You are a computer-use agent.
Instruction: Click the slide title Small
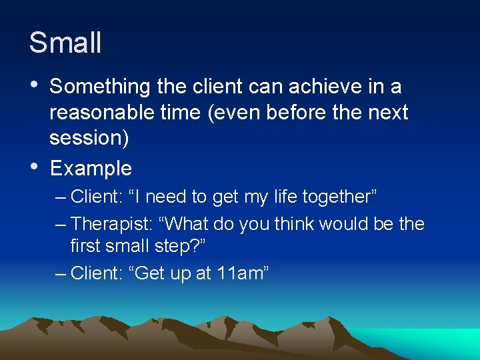[65, 43]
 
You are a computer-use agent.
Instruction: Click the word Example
[91, 168]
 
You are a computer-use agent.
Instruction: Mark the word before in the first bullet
[297, 113]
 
